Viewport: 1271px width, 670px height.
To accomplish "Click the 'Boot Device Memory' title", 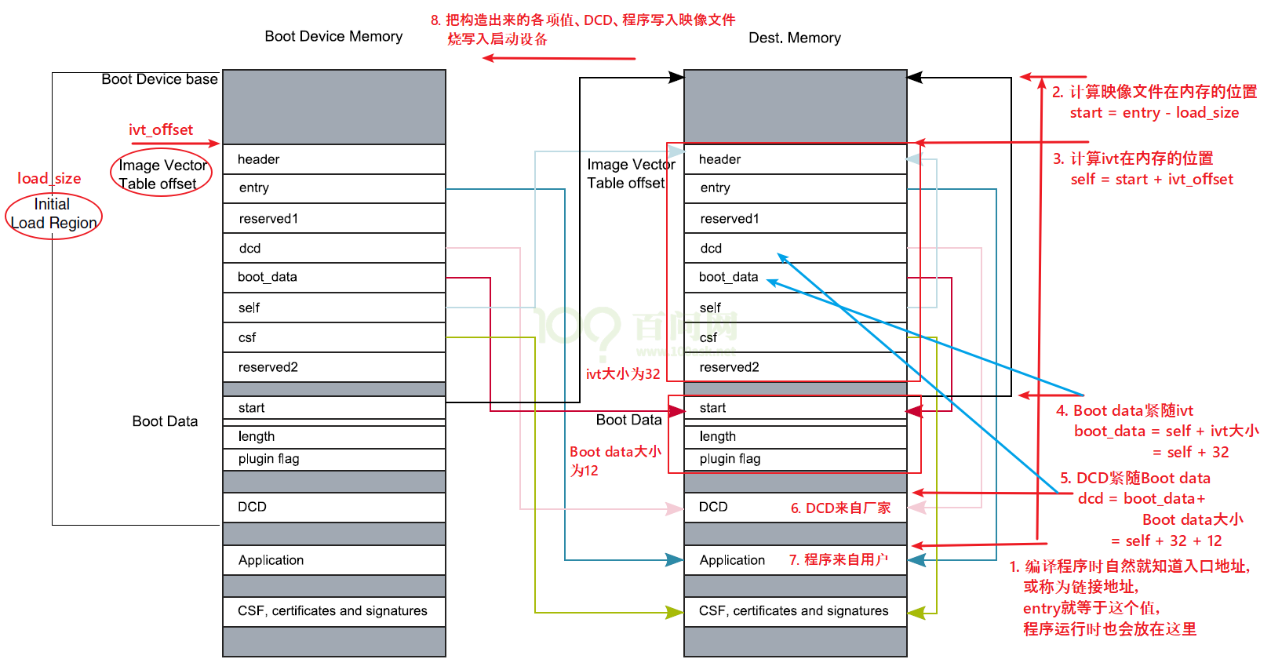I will pos(333,36).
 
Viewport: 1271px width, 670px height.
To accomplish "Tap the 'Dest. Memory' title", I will pos(794,38).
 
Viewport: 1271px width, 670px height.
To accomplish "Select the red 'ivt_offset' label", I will pos(161,129).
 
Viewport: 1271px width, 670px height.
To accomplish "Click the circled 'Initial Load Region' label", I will pos(53,214).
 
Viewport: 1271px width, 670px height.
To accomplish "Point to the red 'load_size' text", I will pos(49,178).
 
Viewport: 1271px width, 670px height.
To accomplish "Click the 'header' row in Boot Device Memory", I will pos(333,159).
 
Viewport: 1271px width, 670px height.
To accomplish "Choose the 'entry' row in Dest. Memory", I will pos(795,188).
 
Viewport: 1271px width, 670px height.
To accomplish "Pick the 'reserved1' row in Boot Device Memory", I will pos(333,219).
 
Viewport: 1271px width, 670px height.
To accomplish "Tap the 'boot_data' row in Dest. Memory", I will pos(795,277).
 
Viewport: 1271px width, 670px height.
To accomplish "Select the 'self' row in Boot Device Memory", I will pos(333,308).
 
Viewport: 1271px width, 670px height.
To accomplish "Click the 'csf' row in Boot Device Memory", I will pos(333,337).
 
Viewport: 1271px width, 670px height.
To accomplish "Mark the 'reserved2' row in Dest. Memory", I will pos(795,367).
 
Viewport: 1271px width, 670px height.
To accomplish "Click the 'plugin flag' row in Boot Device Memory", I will pos(333,459).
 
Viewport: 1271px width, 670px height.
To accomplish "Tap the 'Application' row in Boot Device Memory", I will pos(333,560).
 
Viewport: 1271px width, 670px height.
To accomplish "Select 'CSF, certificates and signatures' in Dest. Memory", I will pos(794,611).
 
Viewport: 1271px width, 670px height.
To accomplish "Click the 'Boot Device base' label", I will pos(159,79).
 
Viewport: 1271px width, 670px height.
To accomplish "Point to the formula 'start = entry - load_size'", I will pos(1154,113).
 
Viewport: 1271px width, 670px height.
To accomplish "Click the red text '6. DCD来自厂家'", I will pos(840,508).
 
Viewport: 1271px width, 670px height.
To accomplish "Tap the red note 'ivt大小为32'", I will pos(623,374).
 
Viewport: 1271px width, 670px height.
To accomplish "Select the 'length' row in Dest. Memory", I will pos(795,436).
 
